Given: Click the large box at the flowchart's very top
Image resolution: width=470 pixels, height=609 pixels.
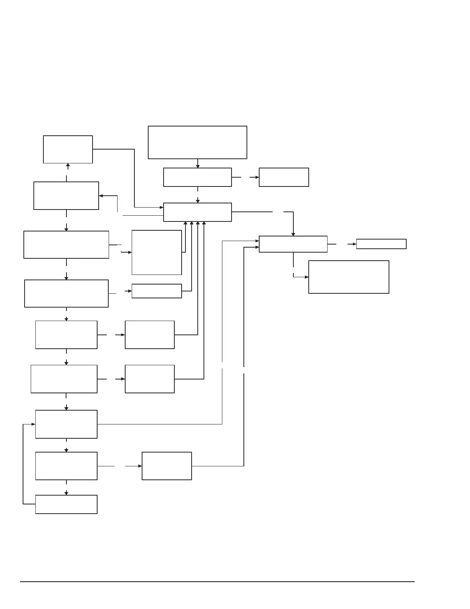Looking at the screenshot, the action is (197, 142).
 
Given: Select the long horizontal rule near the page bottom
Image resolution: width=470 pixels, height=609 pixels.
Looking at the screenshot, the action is (217, 582).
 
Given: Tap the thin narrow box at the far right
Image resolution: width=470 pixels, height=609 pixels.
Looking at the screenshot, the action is (381, 244).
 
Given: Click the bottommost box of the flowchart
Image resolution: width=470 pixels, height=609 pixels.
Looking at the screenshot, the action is (66, 504).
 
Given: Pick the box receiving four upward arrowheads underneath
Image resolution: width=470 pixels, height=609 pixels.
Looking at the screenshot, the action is (197, 212).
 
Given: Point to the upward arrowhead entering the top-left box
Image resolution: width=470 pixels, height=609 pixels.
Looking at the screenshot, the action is (68, 165).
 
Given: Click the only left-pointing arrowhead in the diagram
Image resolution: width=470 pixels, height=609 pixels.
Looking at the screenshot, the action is (101, 196).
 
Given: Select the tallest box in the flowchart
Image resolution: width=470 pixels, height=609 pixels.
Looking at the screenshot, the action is (157, 253).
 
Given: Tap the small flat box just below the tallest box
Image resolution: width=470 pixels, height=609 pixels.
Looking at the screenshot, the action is (157, 291).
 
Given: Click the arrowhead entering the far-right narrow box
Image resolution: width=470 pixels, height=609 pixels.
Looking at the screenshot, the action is (354, 244).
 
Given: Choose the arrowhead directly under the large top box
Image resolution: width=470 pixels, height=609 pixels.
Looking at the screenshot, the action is (198, 166).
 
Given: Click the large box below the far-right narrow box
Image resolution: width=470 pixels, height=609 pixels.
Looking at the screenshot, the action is (349, 277).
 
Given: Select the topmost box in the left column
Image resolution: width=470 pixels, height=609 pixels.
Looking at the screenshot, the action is (68, 149).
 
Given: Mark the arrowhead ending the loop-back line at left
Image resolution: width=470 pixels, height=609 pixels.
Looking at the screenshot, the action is (33, 424).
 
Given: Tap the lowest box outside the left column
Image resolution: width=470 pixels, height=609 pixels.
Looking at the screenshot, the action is (167, 466).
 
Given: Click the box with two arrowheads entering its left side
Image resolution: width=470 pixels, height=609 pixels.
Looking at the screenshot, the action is (293, 244).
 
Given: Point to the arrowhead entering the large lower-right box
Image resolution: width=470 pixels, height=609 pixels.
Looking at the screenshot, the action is (306, 277).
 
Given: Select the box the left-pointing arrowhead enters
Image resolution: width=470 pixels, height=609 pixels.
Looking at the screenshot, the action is (66, 196).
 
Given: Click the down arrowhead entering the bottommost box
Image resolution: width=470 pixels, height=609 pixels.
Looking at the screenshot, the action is (66, 493).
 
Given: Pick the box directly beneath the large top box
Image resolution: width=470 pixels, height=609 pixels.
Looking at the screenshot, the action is (197, 177).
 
